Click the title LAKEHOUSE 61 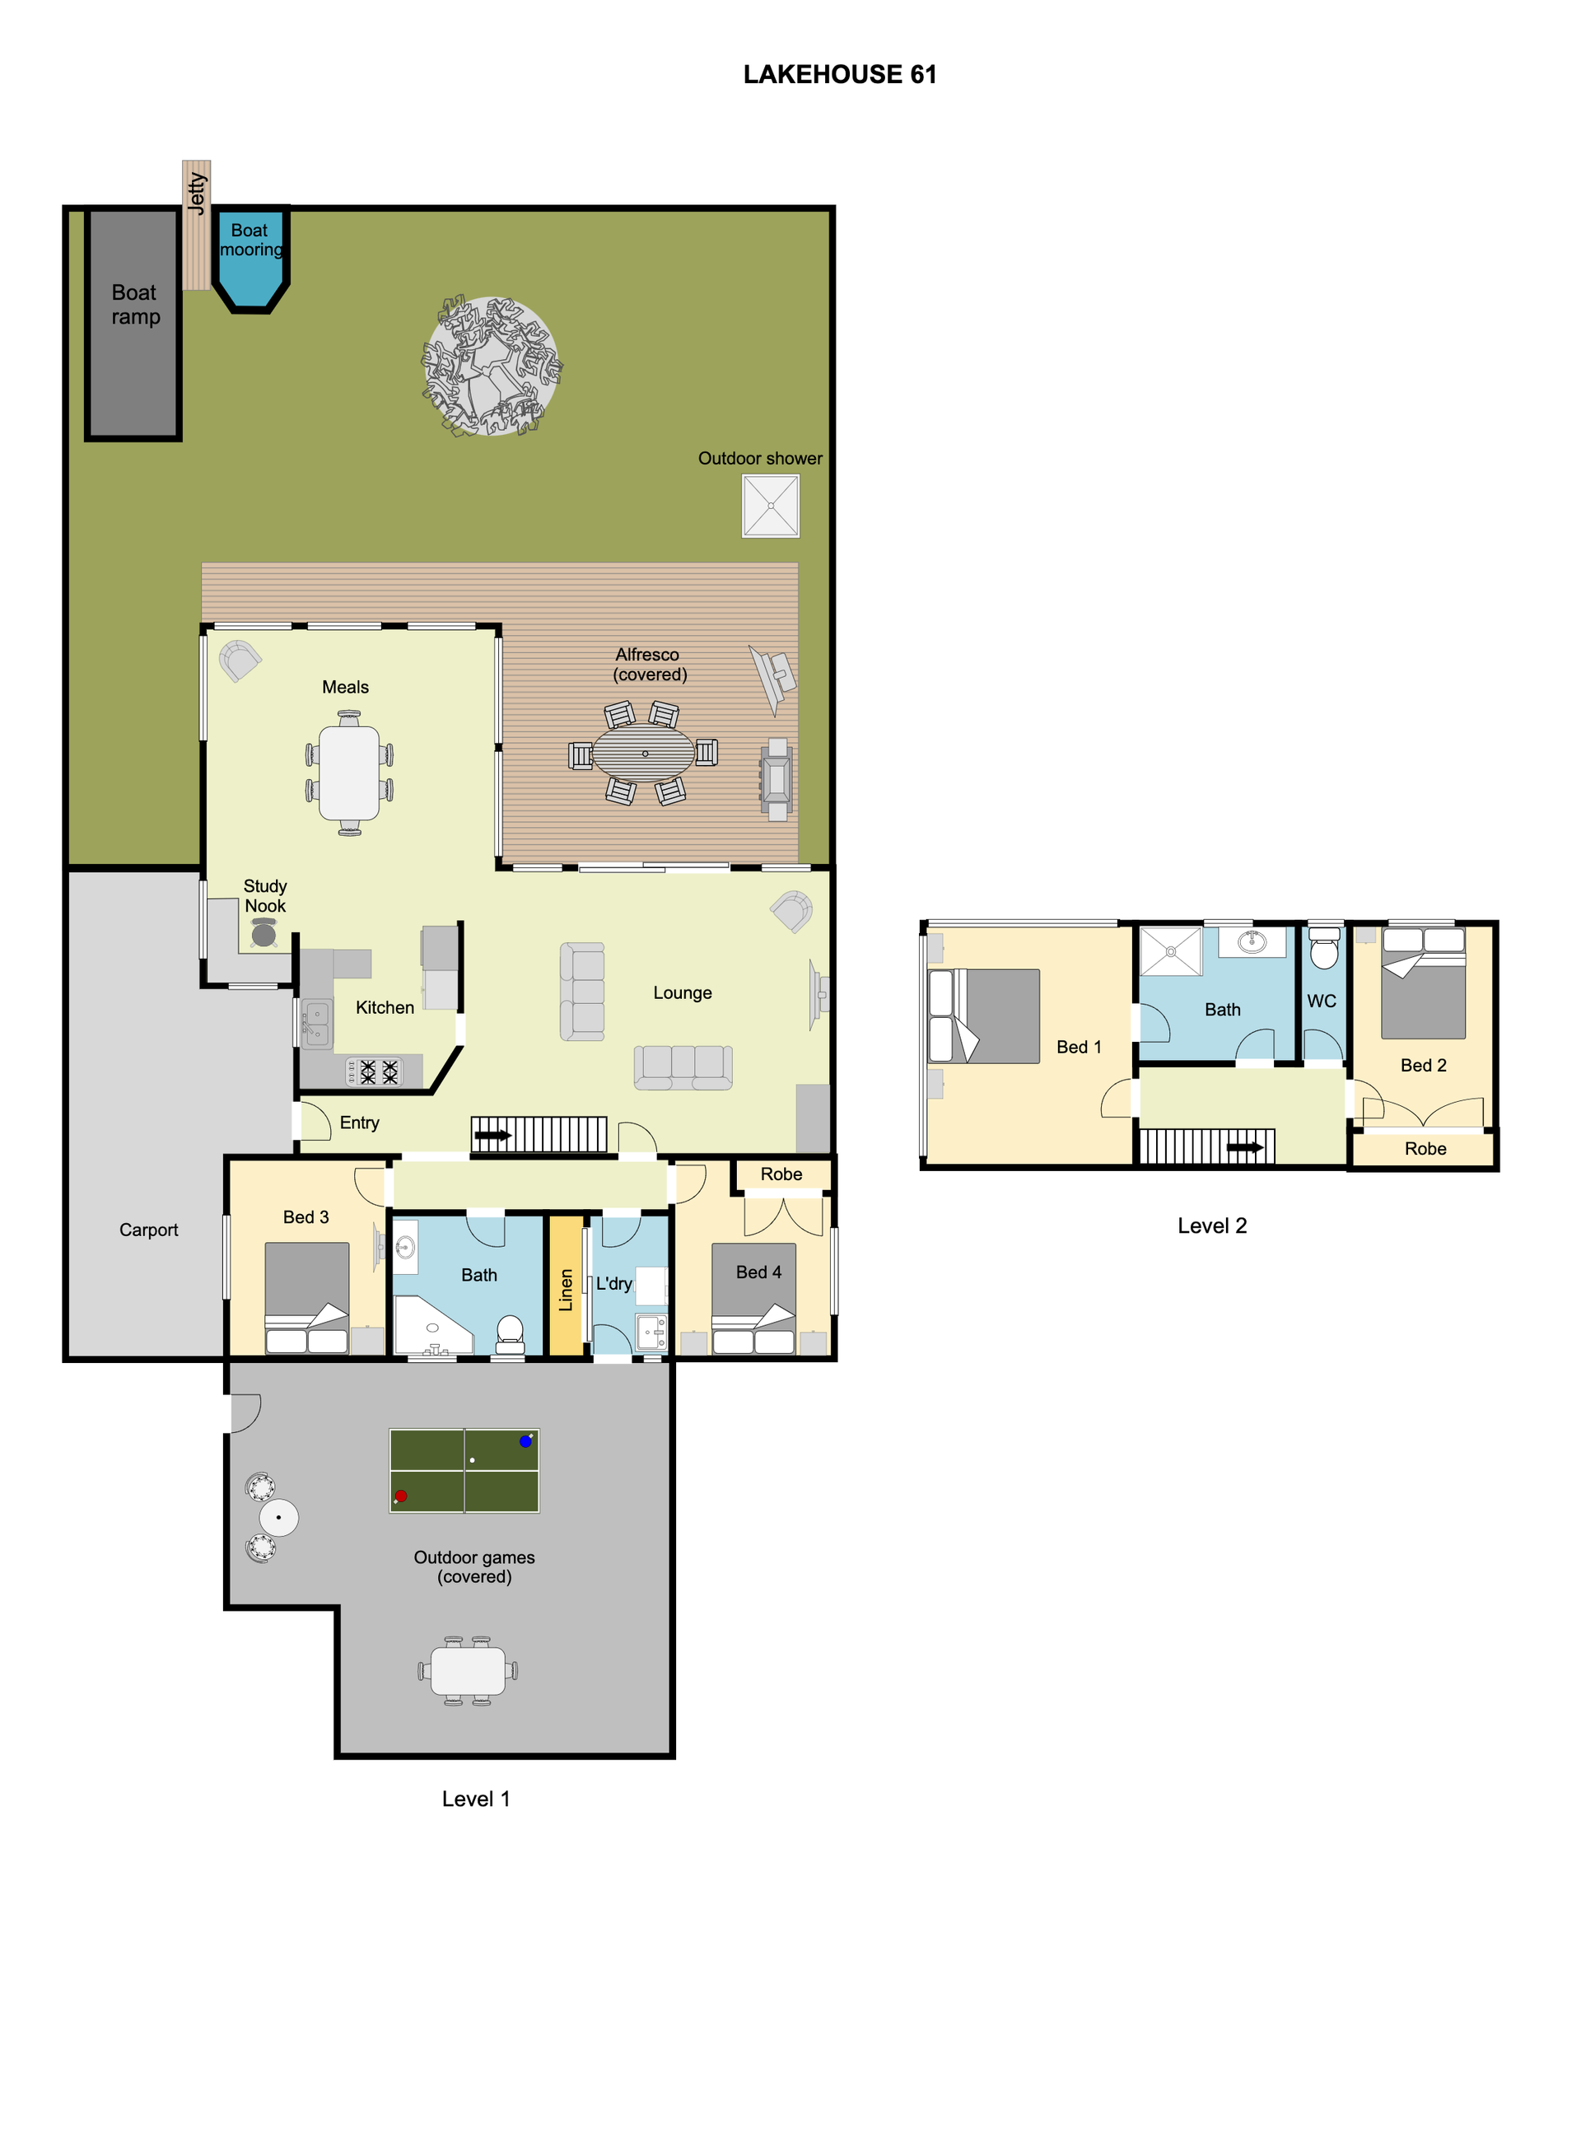tap(839, 75)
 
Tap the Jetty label tap(196, 194)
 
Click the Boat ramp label tap(135, 305)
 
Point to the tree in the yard tap(491, 366)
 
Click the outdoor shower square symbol tap(771, 506)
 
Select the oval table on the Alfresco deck tap(643, 754)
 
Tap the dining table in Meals tap(349, 773)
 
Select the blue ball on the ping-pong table tap(525, 1441)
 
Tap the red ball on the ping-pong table tap(401, 1496)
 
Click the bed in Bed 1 tap(984, 1016)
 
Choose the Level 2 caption tap(1211, 1226)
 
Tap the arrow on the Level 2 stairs tap(1245, 1147)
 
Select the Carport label tap(148, 1230)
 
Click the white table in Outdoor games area tap(468, 1671)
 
